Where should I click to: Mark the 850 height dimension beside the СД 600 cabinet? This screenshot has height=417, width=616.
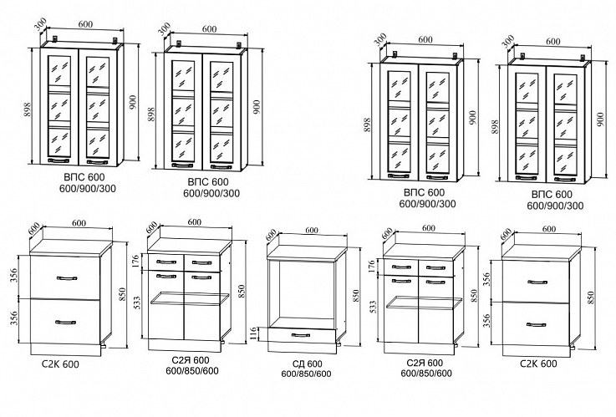click(x=354, y=293)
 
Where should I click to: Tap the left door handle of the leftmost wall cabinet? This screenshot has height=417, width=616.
click(x=60, y=160)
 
